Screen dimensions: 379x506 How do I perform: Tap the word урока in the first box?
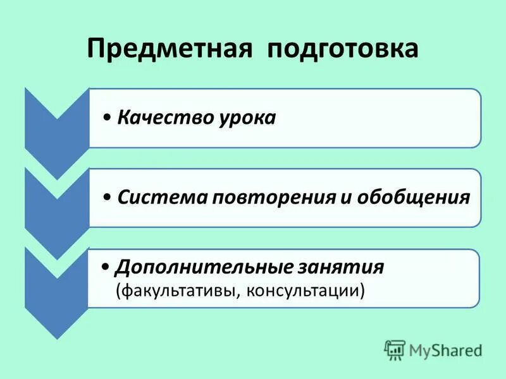point(244,118)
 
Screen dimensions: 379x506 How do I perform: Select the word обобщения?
point(414,198)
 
